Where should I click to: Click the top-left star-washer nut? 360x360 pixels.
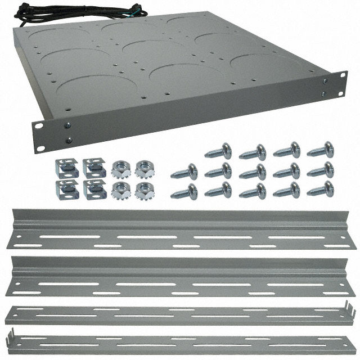pyautogui.click(x=120, y=168)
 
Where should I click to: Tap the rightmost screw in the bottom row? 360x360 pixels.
pyautogui.click(x=320, y=189)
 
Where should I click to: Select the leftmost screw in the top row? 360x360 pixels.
pyautogui.click(x=218, y=151)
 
